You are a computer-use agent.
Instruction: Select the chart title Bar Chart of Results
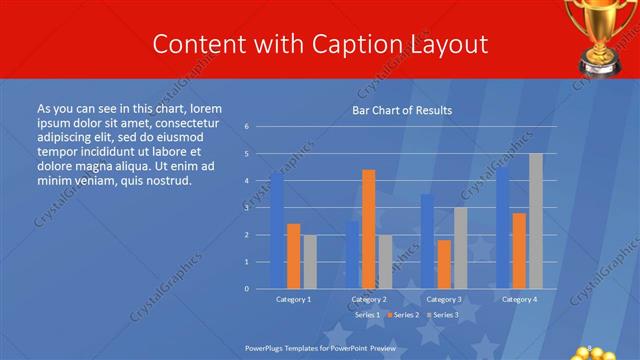coord(402,110)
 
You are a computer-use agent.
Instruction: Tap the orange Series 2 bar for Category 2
coord(368,229)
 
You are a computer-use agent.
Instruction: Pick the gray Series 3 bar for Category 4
coord(536,221)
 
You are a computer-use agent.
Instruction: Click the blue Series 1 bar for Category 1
coord(277,231)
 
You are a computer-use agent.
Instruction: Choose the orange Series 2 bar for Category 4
coord(519,250)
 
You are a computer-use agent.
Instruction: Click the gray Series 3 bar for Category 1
coord(310,261)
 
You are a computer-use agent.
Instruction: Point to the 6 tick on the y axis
coord(246,127)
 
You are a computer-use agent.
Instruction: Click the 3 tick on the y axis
coord(246,208)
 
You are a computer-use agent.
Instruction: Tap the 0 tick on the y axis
coord(246,289)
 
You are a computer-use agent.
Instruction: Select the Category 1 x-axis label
coord(293,299)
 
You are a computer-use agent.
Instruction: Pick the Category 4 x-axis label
coord(519,299)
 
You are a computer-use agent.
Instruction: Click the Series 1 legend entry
coord(365,315)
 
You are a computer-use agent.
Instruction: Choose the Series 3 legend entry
coord(441,315)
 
